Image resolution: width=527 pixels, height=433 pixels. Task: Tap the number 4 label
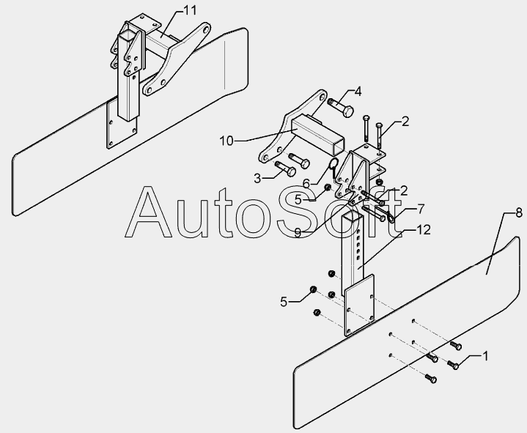358,92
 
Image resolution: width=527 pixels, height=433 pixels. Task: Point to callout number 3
258,177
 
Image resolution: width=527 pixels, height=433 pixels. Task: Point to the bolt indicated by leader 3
285,171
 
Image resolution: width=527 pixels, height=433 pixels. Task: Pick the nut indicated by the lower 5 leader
313,290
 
